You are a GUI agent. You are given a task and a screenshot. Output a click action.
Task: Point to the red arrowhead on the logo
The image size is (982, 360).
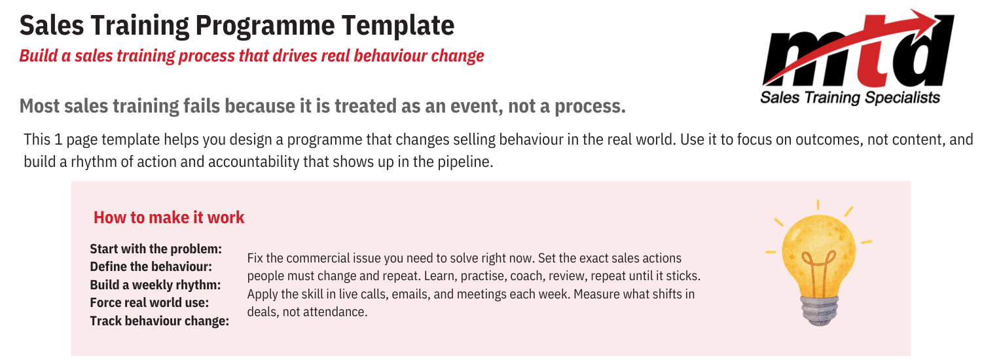(x=933, y=20)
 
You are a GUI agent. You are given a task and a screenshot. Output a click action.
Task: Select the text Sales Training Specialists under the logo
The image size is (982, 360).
(x=850, y=98)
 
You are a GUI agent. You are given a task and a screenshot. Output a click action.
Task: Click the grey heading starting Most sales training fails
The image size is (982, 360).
(x=322, y=105)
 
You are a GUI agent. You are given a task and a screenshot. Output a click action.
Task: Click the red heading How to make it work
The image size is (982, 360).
(x=169, y=217)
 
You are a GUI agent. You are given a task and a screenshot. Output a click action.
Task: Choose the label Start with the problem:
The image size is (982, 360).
(x=156, y=249)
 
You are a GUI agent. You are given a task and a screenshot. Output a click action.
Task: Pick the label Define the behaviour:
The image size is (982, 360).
(x=151, y=267)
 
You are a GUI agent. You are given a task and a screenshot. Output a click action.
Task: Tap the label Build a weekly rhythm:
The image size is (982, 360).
(x=155, y=285)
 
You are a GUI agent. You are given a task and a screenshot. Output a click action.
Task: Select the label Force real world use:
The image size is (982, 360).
(x=149, y=303)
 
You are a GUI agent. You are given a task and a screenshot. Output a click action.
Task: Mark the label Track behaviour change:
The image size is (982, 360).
(x=159, y=321)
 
